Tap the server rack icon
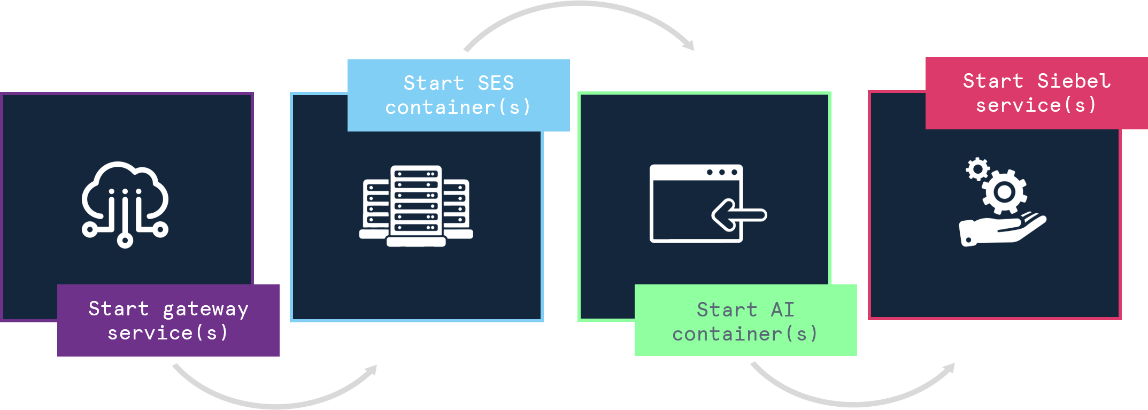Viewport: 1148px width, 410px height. tap(416, 206)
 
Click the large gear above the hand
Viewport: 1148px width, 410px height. tap(1004, 191)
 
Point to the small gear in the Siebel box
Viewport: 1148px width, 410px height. tap(977, 169)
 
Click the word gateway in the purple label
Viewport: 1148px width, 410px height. tap(205, 310)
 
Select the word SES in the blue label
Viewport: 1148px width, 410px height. tap(496, 83)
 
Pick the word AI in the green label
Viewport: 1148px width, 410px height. tap(783, 310)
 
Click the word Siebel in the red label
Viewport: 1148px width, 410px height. tap(1074, 81)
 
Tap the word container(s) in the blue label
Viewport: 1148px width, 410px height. tap(458, 108)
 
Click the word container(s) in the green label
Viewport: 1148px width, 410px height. tap(745, 335)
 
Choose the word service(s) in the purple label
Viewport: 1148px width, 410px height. tap(168, 334)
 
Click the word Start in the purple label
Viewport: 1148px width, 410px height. tap(118, 309)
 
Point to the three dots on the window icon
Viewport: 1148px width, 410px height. tap(722, 172)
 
